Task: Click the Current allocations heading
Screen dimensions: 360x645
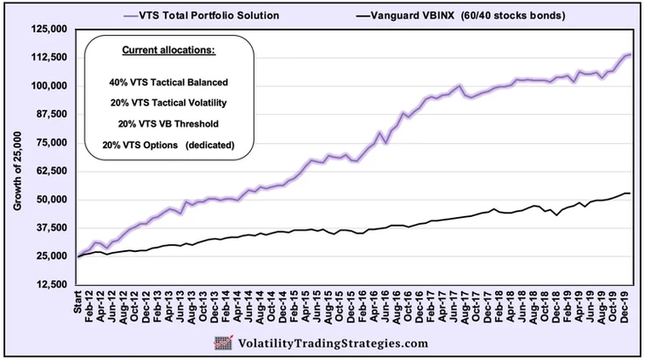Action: (166, 51)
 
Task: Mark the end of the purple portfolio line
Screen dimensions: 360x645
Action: (630, 55)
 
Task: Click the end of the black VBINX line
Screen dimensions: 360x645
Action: (630, 194)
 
